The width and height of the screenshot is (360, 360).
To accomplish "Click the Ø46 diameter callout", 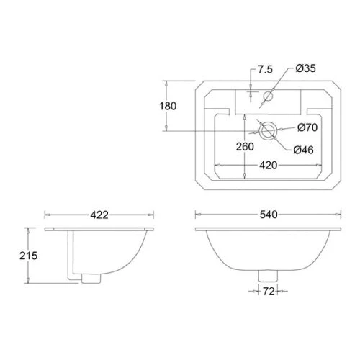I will click(303, 150).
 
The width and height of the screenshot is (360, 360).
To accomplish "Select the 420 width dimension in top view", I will click(269, 164).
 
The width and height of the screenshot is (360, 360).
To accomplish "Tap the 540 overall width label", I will click(269, 214).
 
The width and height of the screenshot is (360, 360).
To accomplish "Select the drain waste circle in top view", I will click(269, 130).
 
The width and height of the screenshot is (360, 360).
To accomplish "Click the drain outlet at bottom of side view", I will click(89, 276).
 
